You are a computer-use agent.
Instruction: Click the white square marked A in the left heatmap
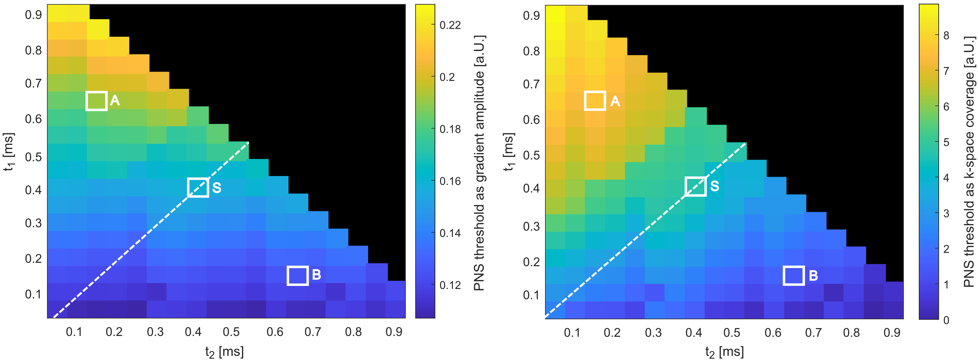tap(96, 101)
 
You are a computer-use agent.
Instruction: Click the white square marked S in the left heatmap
tap(198, 188)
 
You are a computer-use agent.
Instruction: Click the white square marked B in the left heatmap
tap(297, 276)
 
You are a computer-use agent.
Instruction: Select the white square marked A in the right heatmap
tap(595, 101)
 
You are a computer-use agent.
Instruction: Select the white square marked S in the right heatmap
tap(695, 186)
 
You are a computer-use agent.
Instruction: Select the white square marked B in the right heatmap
tap(794, 276)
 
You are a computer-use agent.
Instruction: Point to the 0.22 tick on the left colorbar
tap(450, 25)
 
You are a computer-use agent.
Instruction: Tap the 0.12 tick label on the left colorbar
tap(450, 285)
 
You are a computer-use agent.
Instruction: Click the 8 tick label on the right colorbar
tap(946, 36)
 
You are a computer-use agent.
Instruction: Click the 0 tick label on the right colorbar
tap(946, 320)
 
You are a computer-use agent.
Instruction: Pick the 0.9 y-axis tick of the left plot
tap(34, 15)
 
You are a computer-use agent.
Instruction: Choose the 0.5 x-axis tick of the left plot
tap(231, 332)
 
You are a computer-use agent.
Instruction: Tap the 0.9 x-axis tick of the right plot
tap(892, 333)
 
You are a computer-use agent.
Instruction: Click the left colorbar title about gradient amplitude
tap(479, 163)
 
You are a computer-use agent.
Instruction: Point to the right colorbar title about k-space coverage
tap(969, 161)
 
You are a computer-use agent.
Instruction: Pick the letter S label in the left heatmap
tap(217, 188)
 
